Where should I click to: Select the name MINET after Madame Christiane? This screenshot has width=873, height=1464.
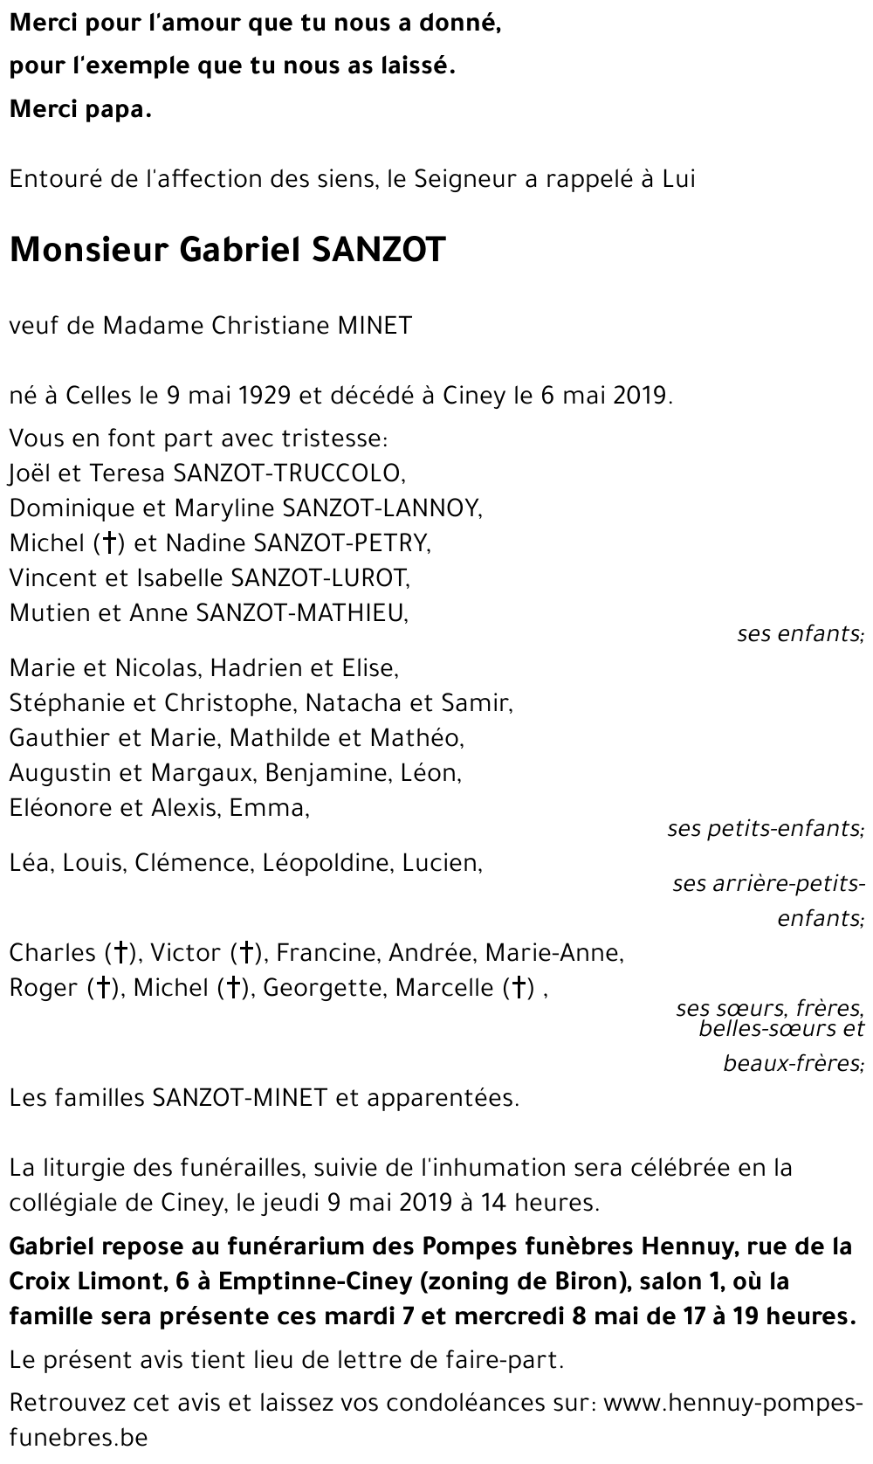[x=375, y=326]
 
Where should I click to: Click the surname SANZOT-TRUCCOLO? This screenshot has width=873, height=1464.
[x=288, y=473]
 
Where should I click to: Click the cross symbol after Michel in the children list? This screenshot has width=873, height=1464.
[x=109, y=543]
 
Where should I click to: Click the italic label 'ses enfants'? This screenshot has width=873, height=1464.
[x=800, y=633]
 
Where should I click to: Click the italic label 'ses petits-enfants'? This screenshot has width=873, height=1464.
[x=765, y=828]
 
